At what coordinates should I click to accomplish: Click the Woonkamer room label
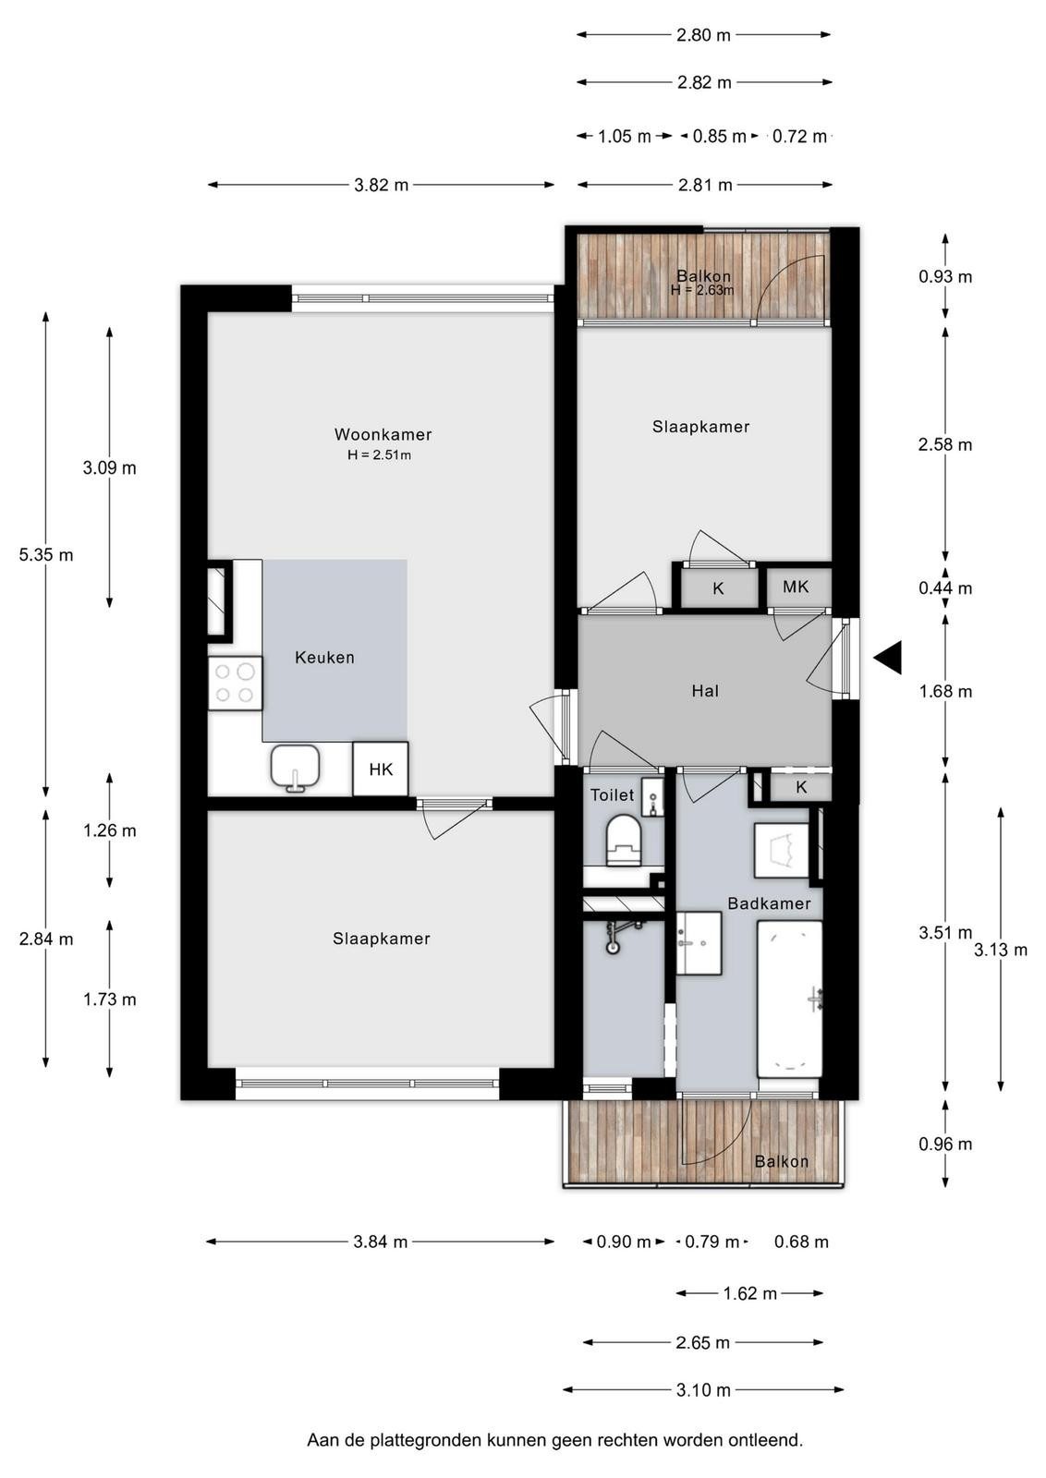(383, 434)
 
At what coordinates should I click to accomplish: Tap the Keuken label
(324, 657)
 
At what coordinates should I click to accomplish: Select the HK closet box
(381, 769)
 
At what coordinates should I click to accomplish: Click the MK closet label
(796, 587)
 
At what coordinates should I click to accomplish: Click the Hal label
(705, 691)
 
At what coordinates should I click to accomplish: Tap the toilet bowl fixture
(623, 840)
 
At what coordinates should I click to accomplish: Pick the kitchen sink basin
(295, 767)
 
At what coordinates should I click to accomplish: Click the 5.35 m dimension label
(45, 555)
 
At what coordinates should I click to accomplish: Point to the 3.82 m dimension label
(382, 186)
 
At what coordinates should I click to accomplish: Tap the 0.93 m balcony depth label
(945, 276)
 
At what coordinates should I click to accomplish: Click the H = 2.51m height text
(380, 455)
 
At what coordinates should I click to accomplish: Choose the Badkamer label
(769, 903)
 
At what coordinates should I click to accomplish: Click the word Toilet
(612, 795)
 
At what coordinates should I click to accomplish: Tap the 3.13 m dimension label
(1001, 950)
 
